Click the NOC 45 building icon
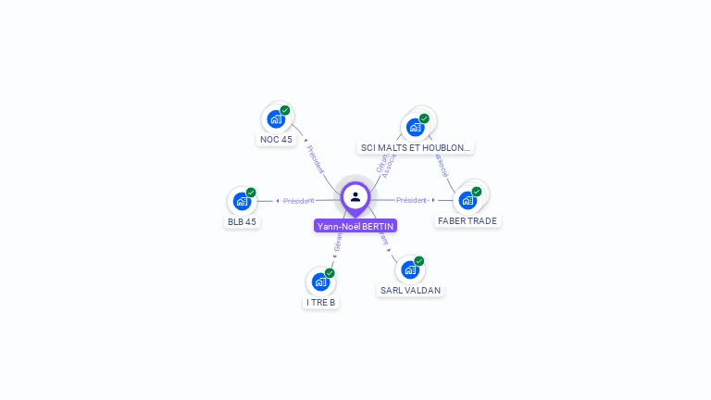tap(276, 119)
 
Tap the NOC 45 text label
tap(276, 140)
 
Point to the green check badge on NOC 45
tap(285, 110)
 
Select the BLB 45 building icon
tap(242, 201)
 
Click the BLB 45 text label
tap(242, 221)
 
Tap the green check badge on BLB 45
tap(251, 193)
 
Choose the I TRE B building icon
tap(320, 281)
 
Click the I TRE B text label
tap(320, 302)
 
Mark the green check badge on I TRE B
tap(330, 272)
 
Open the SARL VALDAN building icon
tap(410, 269)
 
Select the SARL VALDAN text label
tap(410, 290)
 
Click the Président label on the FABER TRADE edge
tap(412, 200)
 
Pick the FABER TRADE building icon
tap(468, 200)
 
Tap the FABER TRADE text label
tap(468, 221)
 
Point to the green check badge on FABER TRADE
tap(477, 192)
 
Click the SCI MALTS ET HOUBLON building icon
tap(415, 127)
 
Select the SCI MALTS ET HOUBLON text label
tap(416, 147)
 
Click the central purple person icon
tap(355, 196)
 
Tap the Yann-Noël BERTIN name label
tap(355, 226)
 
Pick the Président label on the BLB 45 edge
tap(299, 201)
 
